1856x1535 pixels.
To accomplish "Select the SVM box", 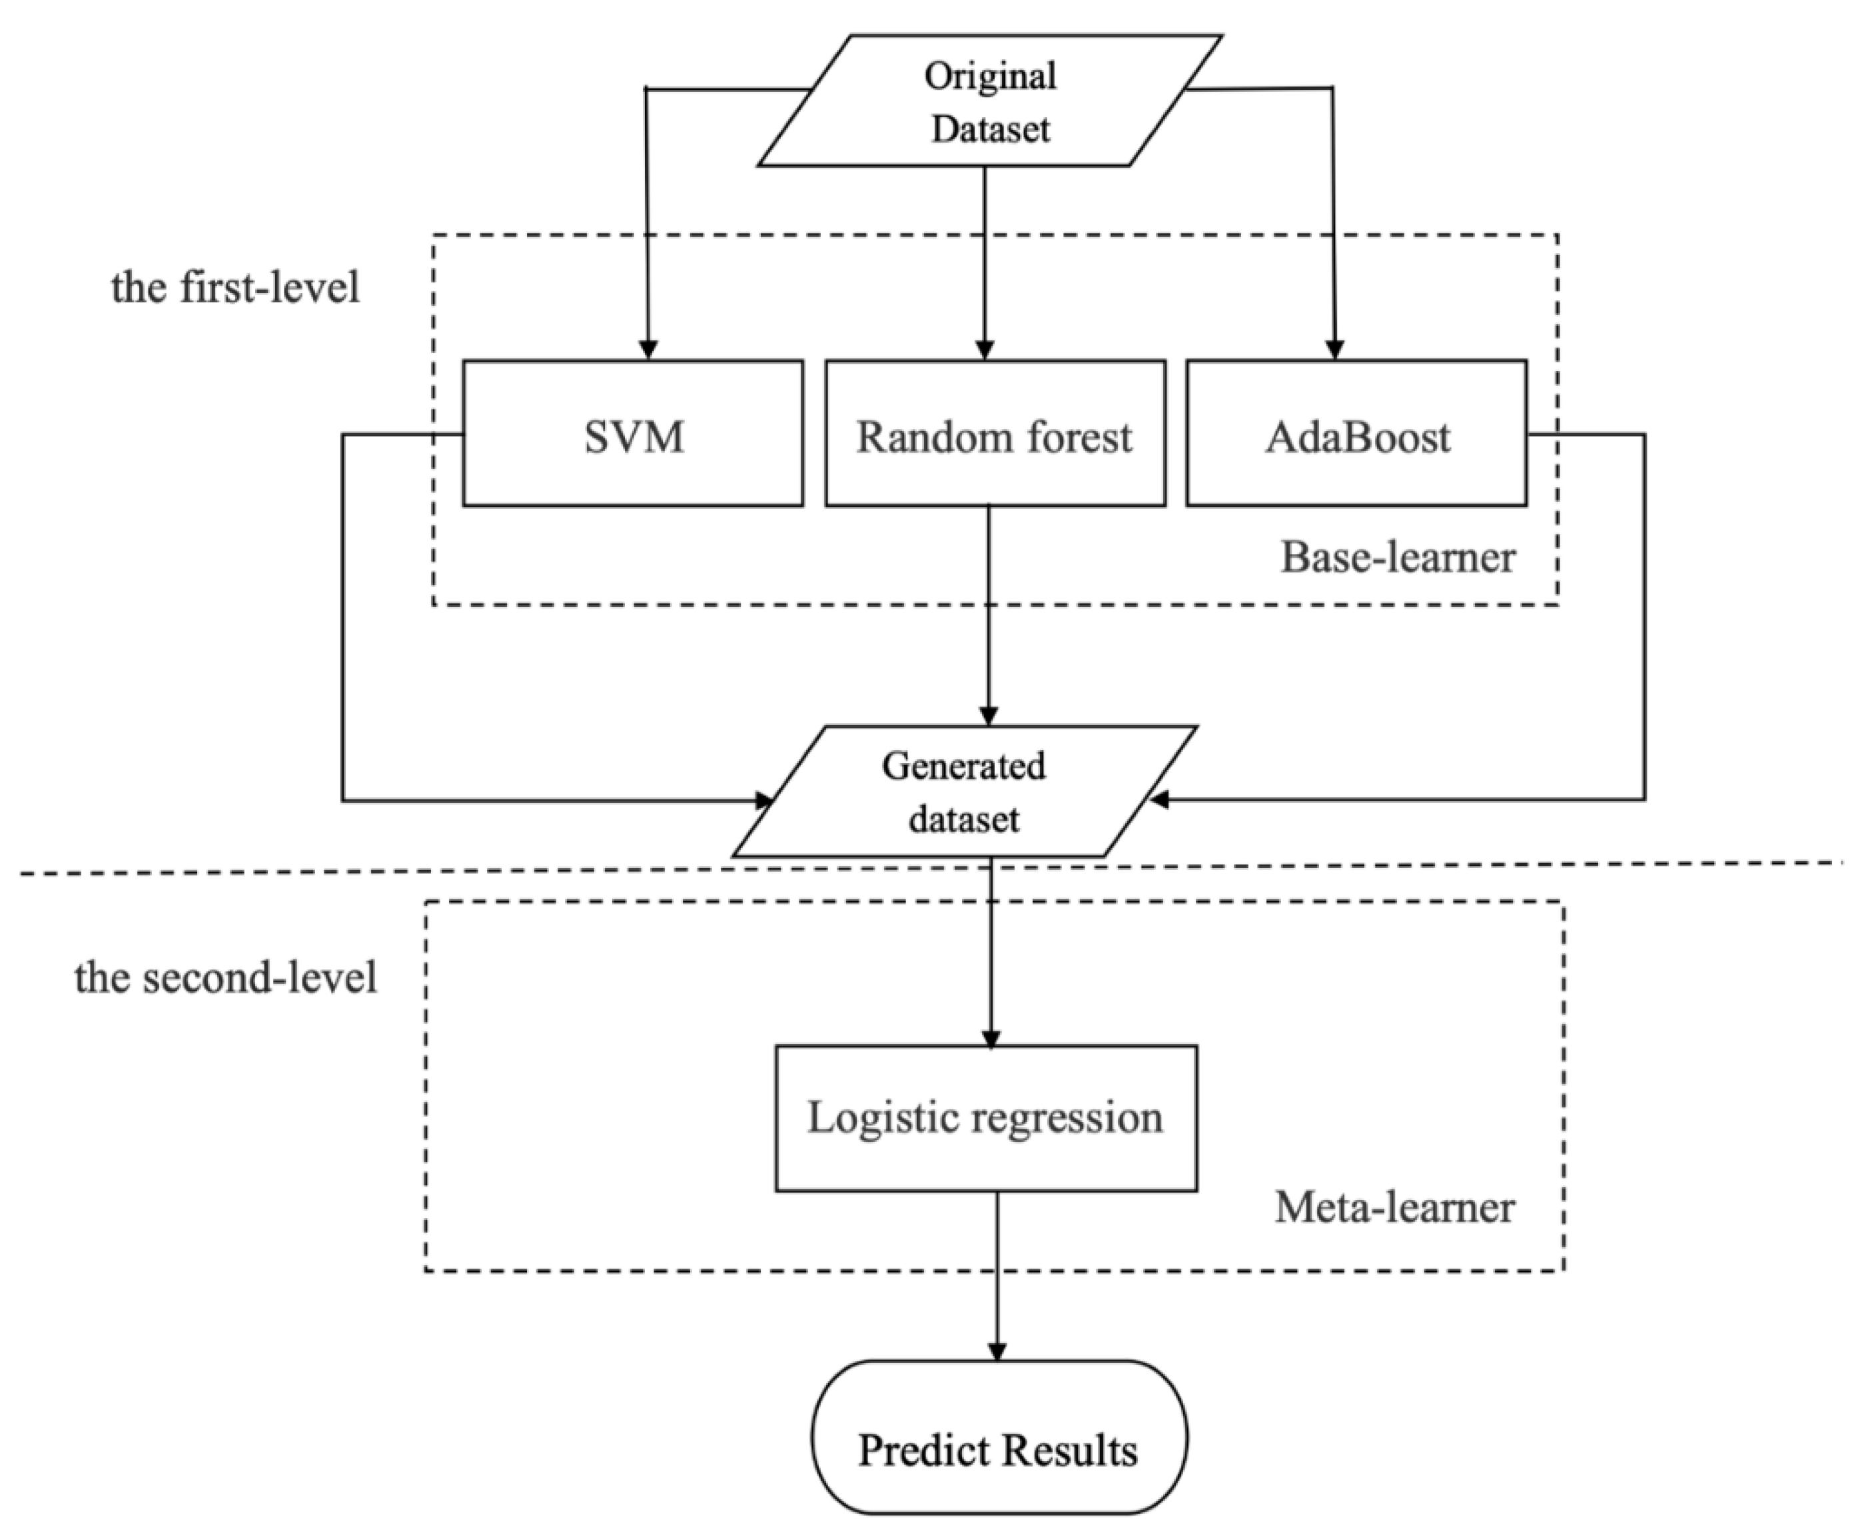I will tap(633, 433).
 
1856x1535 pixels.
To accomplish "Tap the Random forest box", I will tap(995, 433).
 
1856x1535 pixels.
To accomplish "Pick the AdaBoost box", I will tap(1356, 433).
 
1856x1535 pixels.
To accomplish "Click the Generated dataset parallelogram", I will tap(964, 791).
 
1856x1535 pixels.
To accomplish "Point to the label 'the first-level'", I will tap(235, 288).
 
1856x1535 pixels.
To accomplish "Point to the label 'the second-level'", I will tap(225, 977).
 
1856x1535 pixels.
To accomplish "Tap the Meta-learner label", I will tap(1394, 1207).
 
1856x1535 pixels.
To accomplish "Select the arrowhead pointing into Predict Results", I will tap(997, 1351).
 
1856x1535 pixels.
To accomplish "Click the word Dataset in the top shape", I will tap(990, 130).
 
